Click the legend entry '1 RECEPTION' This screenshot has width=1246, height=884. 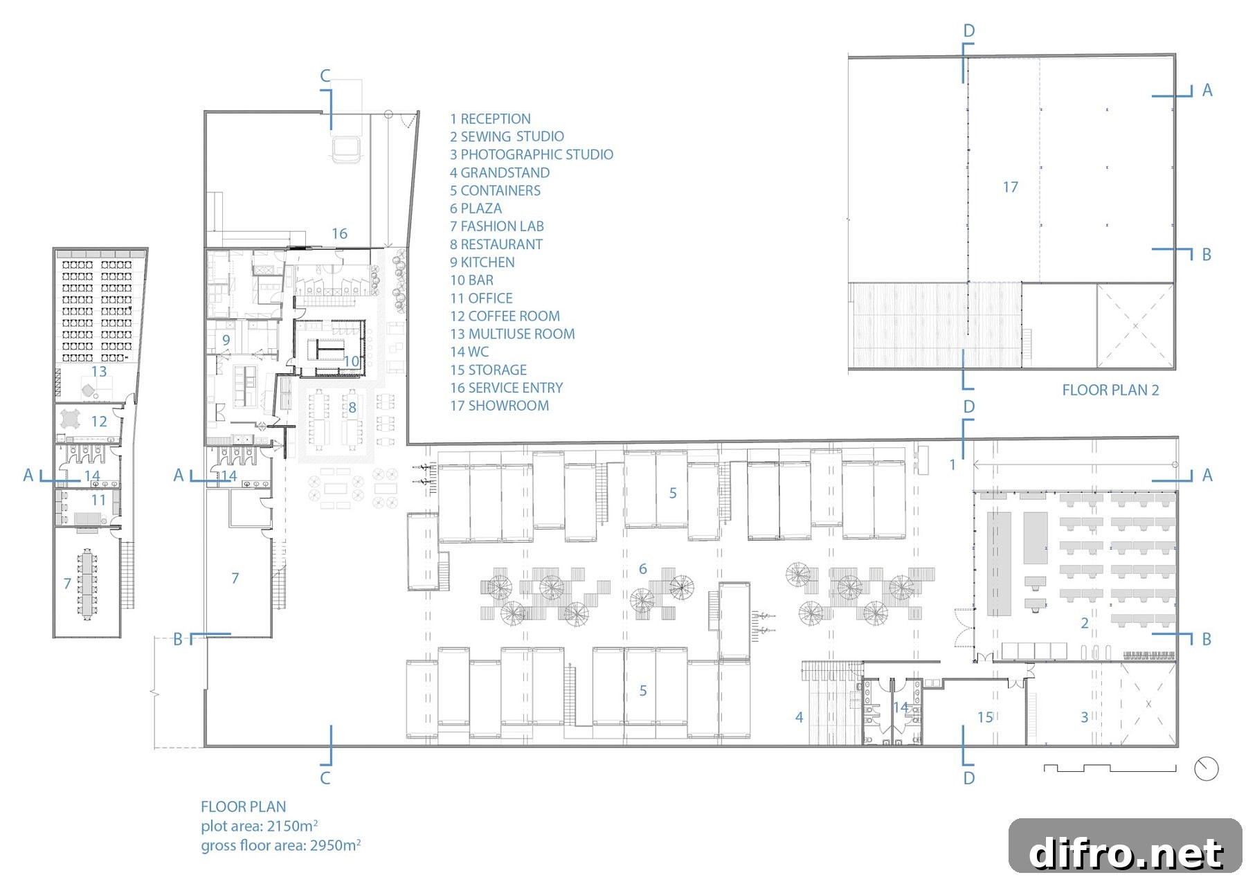coord(490,119)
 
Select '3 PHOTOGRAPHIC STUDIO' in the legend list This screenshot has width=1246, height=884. coord(532,154)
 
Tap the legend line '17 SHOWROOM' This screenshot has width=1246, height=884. coord(499,406)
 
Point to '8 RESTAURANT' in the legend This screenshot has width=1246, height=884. coord(496,244)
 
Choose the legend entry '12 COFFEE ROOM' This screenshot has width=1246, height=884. coord(505,316)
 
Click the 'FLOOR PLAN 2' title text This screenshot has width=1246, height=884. coord(1110,390)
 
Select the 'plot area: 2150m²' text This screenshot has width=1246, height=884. coord(260,825)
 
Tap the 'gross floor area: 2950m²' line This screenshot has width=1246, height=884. coord(281,845)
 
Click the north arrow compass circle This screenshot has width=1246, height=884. coord(1207,769)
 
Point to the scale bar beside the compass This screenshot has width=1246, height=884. coord(1110,768)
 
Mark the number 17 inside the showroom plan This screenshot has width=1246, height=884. coord(1010,187)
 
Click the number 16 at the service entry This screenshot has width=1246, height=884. coord(339,234)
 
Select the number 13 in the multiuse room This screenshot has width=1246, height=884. coord(99,371)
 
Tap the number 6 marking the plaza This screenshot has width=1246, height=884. coord(643,569)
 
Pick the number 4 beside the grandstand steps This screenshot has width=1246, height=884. coord(800,717)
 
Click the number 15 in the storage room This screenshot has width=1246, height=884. coord(985,717)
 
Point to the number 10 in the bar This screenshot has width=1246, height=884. coord(352,361)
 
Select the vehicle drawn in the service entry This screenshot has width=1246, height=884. coord(346,149)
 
